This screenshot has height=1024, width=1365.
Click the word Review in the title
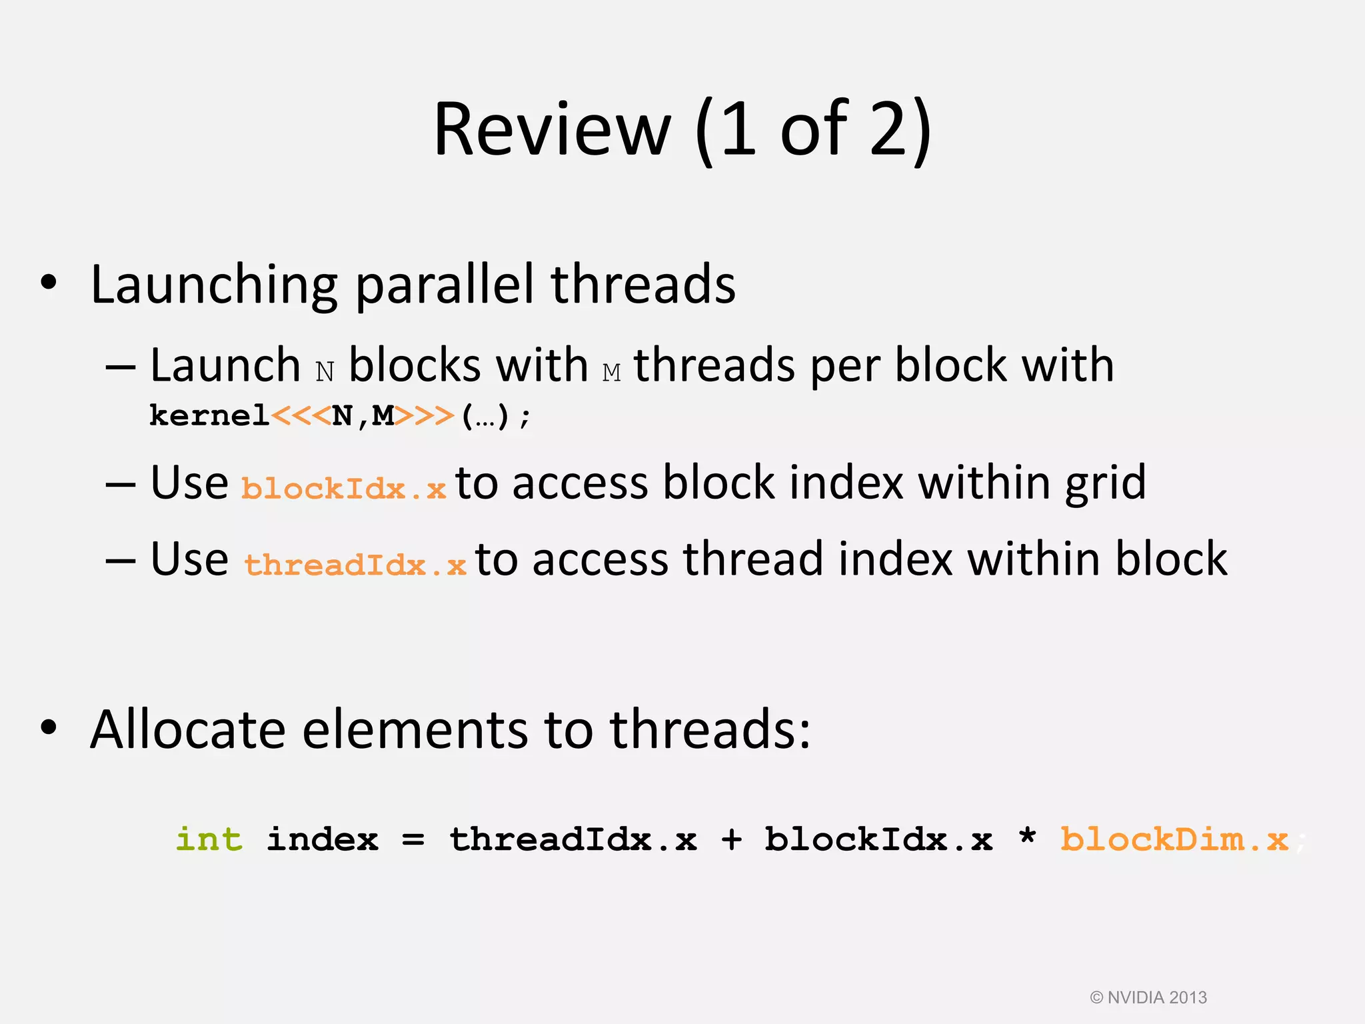tap(552, 130)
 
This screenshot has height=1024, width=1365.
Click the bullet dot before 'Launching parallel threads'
tap(49, 283)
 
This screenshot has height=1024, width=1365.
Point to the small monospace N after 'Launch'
tap(325, 371)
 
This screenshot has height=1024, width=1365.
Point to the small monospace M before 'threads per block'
tap(611, 371)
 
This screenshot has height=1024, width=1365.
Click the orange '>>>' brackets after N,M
tap(425, 416)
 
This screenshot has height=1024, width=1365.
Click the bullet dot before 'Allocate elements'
tap(49, 728)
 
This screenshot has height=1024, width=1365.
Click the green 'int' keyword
tap(209, 839)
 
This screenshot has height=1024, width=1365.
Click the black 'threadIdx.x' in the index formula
tap(573, 839)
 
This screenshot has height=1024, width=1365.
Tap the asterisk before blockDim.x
tap(1027, 837)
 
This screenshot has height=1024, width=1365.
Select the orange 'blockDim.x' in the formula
tap(1174, 839)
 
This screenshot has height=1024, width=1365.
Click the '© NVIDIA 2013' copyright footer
tap(1148, 997)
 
